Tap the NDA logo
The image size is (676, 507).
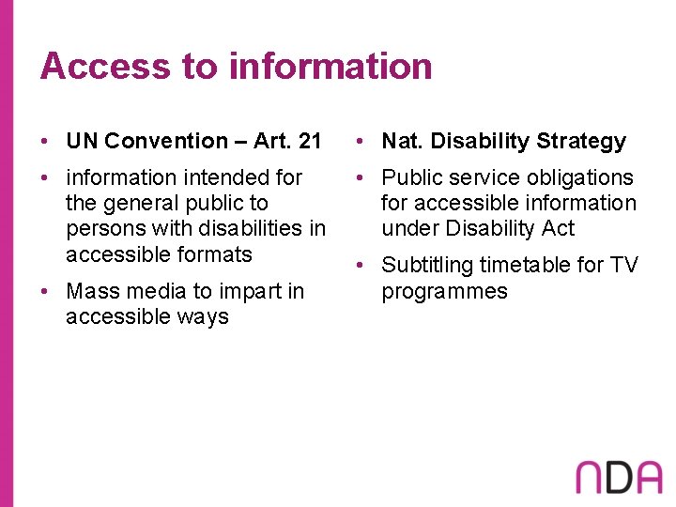(x=619, y=477)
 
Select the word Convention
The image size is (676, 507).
(x=166, y=142)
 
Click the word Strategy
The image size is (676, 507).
(x=581, y=142)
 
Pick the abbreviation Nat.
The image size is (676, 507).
(x=399, y=142)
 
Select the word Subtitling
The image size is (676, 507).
(x=427, y=266)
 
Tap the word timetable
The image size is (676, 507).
(x=526, y=266)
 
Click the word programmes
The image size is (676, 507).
(x=444, y=291)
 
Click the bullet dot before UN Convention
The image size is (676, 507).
(x=44, y=142)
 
